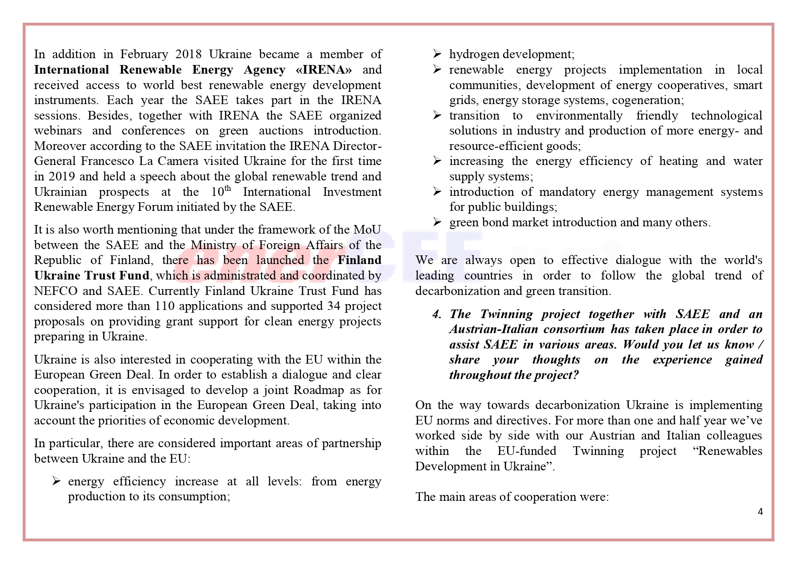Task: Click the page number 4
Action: [760, 512]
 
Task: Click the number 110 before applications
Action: [164, 306]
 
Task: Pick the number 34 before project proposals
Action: [334, 306]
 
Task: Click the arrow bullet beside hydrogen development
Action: [437, 55]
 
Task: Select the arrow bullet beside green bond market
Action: [437, 222]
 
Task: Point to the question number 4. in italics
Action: [437, 314]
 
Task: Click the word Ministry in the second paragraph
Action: [214, 245]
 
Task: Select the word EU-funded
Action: [527, 451]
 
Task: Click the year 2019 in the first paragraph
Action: [62, 177]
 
